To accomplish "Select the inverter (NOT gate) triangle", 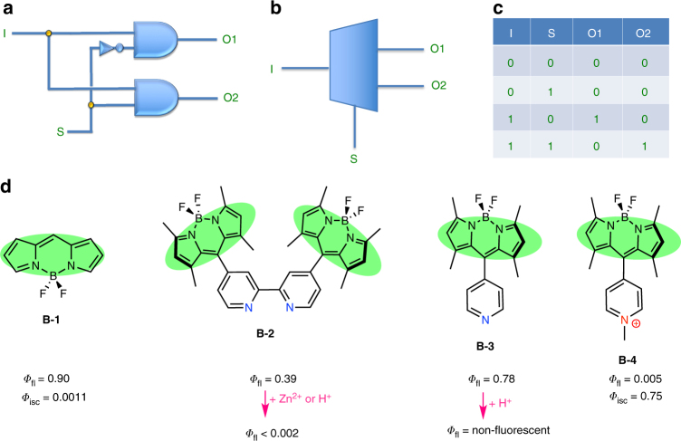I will pyautogui.click(x=108, y=48).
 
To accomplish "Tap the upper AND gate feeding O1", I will pyautogui.click(x=155, y=39).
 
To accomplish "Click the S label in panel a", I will pyautogui.click(x=61, y=133).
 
